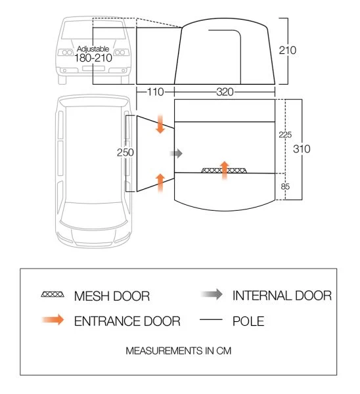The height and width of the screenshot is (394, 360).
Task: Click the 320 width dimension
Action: click(x=225, y=92)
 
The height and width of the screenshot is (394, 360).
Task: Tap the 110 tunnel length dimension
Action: click(x=155, y=92)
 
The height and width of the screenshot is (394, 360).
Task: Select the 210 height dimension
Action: click(x=287, y=51)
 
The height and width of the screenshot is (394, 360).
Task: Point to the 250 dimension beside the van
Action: click(x=125, y=152)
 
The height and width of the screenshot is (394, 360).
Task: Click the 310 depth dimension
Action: click(x=302, y=149)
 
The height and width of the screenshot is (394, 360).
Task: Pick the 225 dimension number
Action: click(x=285, y=135)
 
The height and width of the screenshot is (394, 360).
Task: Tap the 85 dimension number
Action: click(x=285, y=186)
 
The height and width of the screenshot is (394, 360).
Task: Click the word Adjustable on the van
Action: click(x=93, y=49)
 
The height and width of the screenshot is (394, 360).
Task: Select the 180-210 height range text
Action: click(x=93, y=58)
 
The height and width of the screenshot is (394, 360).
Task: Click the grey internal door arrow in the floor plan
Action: click(x=176, y=153)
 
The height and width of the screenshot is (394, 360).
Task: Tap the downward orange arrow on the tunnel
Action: click(x=160, y=124)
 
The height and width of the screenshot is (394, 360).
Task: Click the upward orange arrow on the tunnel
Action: click(x=160, y=183)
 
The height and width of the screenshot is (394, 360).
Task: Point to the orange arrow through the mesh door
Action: click(x=225, y=170)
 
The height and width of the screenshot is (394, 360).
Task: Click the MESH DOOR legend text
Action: click(x=112, y=296)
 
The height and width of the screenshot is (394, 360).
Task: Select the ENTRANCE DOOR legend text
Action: click(x=127, y=321)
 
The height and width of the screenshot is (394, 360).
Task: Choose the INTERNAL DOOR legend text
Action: click(x=282, y=295)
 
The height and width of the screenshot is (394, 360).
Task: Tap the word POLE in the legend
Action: click(x=248, y=321)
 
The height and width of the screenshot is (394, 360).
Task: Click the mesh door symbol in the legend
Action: click(x=53, y=294)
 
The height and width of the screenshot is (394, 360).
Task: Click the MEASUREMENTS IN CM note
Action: click(x=178, y=351)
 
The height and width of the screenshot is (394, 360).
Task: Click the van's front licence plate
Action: click(x=93, y=68)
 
